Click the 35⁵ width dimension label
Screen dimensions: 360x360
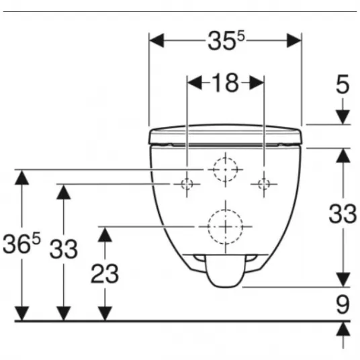tap(226, 41)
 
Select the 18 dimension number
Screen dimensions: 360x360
tap(225, 83)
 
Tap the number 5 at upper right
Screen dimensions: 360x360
tap(343, 84)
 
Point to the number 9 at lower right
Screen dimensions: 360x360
tap(343, 304)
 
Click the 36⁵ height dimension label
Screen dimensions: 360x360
tap(21, 243)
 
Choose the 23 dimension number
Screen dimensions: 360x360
tap(105, 273)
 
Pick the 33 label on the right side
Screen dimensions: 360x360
tap(343, 214)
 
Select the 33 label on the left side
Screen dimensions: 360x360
tap(64, 249)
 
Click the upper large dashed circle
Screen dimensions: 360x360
tap(225, 158)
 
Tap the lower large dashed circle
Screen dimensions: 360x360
tap(225, 210)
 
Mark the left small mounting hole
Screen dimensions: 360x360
tap(187, 179)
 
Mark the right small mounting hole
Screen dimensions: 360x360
tap(264, 179)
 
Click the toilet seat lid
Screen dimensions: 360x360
tap(225, 135)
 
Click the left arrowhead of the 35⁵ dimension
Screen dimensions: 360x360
tap(156, 40)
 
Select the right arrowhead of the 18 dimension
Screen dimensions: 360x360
tap(257, 83)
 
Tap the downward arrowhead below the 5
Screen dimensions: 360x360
tap(343, 117)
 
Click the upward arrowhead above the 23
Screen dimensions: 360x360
tap(105, 234)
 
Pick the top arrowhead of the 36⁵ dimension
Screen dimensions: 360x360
tap(21, 177)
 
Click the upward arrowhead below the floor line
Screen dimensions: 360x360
tap(343, 329)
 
